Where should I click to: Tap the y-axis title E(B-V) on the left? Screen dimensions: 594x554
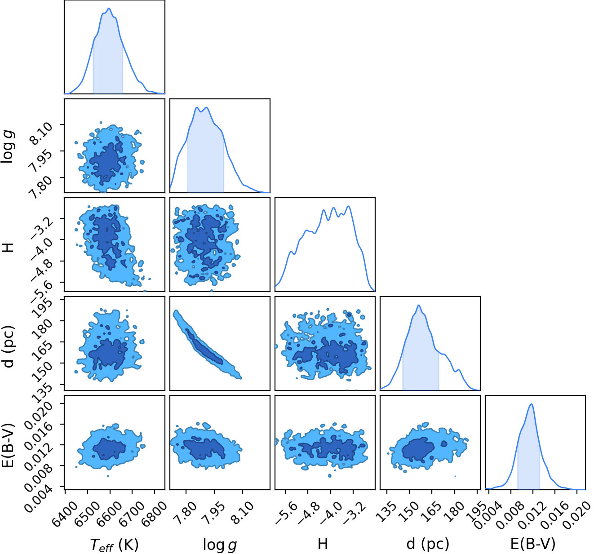(x=7, y=445)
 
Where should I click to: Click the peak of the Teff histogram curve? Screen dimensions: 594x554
(x=109, y=8)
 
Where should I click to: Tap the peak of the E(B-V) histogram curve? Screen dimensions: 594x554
(x=532, y=404)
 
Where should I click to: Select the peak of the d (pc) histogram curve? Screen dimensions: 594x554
(x=419, y=305)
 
